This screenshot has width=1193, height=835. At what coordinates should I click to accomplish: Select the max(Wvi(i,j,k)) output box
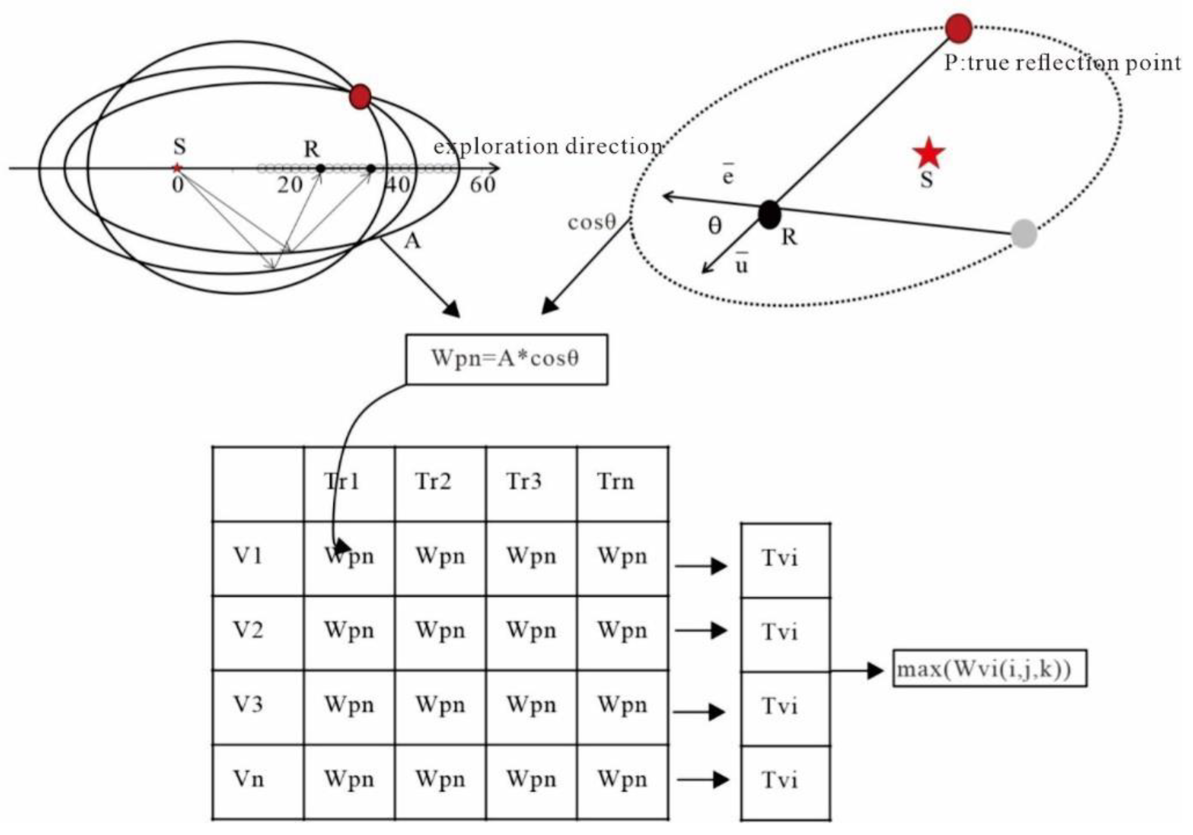point(989,668)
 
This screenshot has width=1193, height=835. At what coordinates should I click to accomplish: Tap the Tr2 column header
point(433,482)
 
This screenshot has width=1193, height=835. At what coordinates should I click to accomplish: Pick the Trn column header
point(616,482)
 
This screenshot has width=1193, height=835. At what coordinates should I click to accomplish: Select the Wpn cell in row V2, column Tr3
point(531,631)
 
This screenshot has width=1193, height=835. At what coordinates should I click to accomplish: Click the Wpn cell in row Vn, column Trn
point(622,779)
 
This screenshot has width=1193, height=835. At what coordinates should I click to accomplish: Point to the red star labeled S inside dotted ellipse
point(928,154)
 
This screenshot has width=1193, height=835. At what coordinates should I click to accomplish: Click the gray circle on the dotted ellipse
point(1023,234)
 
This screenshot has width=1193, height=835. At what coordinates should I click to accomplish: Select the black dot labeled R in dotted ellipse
point(769,214)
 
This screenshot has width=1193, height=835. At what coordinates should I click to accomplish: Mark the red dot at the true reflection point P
point(958,28)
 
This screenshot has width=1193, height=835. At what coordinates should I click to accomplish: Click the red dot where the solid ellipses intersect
point(360,96)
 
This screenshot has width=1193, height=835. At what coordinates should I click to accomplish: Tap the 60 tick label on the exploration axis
point(483,185)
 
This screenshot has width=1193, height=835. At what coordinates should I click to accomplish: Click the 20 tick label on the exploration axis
point(289,185)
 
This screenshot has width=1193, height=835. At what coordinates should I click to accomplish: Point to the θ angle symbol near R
point(715,226)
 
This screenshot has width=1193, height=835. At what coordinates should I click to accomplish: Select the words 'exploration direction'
point(548,147)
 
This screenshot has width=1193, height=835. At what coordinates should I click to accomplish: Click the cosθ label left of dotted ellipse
point(591,222)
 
